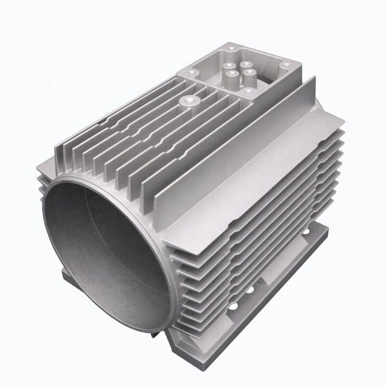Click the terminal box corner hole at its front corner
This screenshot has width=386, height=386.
(x=247, y=91)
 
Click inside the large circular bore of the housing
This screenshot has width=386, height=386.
(x=104, y=247)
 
